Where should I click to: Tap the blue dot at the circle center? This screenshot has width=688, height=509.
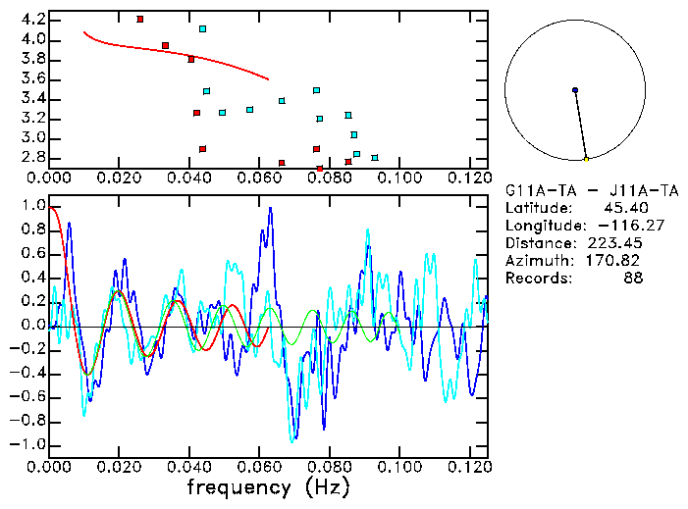coord(575,90)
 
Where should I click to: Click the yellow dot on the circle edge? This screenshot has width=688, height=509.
coord(586,159)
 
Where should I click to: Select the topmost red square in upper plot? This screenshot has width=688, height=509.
coord(140,19)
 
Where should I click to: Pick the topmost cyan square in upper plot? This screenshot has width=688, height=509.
coord(202,28)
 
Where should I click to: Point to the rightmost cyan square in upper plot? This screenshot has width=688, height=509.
coord(375,157)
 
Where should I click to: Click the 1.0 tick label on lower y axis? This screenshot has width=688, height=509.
coord(32,207)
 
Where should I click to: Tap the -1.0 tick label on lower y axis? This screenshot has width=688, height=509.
coord(29,444)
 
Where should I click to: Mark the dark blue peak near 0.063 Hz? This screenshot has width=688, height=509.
coord(270,208)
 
